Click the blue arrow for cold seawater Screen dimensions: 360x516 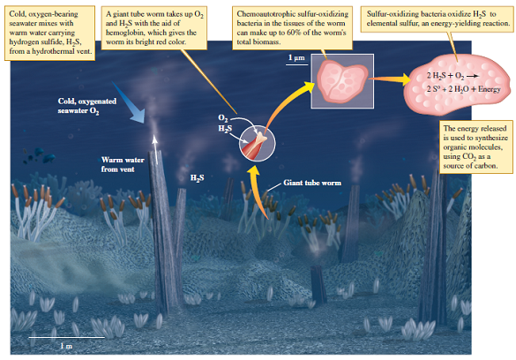coord(130,109)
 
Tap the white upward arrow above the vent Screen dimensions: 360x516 coord(156,146)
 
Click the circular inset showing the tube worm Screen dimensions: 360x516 coord(255,138)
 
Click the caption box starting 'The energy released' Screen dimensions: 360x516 coord(472,146)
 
